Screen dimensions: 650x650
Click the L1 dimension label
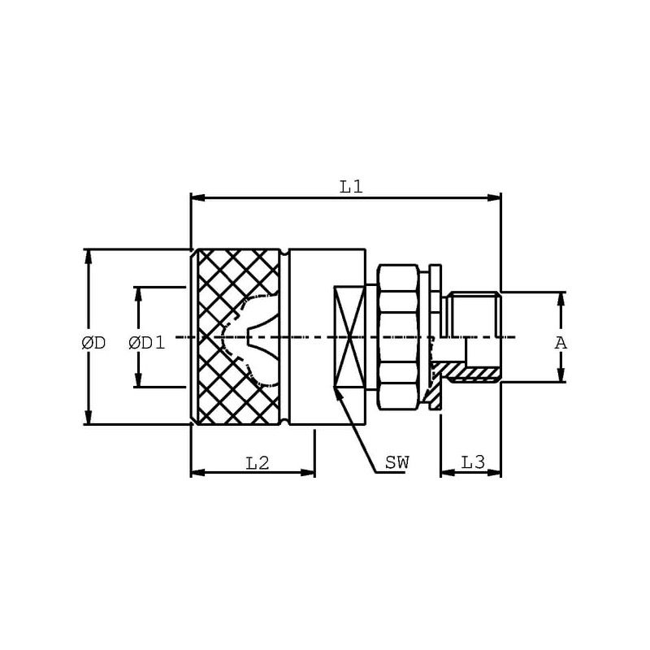(x=351, y=188)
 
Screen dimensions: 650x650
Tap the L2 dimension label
(x=258, y=463)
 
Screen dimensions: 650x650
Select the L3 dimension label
(x=473, y=462)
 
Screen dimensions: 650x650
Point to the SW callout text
(x=396, y=462)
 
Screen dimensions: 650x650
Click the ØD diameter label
(x=93, y=343)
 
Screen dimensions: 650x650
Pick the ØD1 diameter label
(x=147, y=343)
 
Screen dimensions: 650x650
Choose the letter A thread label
(x=561, y=343)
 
